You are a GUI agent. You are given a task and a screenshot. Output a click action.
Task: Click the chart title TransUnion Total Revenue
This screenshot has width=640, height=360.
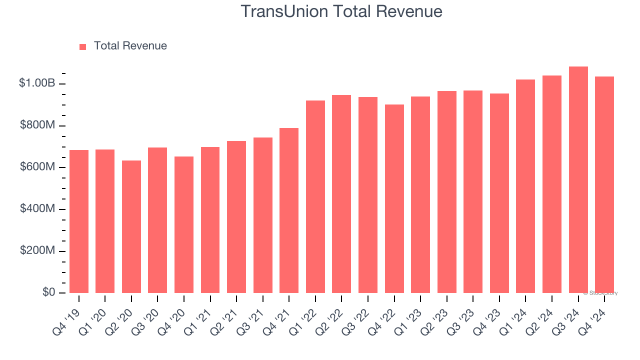341,11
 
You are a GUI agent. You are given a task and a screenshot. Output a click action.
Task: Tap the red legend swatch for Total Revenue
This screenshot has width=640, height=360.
83,46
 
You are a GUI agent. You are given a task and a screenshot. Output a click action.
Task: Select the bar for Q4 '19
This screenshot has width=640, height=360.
79,221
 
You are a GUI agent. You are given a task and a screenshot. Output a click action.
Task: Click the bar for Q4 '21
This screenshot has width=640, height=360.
289,210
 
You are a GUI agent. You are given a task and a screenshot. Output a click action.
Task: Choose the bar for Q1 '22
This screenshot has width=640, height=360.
315,196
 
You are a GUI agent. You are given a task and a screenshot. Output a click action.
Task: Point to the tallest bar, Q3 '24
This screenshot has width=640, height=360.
578,179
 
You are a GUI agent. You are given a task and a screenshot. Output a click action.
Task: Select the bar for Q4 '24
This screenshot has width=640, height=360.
604,184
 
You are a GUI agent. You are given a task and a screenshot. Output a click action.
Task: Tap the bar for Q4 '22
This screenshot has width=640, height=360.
394,198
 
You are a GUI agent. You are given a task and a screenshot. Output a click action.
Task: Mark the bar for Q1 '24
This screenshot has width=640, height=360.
525,186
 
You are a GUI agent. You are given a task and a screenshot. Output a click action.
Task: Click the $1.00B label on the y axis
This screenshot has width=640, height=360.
37,83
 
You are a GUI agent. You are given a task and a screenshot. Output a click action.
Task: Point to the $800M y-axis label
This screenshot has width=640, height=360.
37,125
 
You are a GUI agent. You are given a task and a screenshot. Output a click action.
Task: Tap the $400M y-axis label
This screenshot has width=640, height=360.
37,208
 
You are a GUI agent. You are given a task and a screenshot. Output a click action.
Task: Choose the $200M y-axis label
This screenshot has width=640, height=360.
37,250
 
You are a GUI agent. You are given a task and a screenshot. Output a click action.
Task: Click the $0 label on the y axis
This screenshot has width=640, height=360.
48,292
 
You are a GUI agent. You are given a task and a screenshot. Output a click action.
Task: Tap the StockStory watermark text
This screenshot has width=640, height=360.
600,293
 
